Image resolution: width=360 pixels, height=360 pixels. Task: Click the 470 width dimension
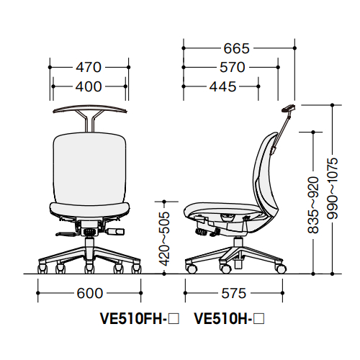coord(89,67)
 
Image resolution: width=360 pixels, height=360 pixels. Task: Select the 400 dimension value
coord(89,86)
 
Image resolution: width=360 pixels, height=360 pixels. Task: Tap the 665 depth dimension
coord(237,48)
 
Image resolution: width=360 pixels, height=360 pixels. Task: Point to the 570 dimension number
coord(233,67)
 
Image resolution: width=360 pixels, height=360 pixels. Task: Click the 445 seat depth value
coord(222,86)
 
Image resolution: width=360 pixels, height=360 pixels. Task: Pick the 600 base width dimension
coord(90,293)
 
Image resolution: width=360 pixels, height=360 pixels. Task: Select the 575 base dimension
coord(234,293)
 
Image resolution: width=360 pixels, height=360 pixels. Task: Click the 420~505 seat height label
coord(165,239)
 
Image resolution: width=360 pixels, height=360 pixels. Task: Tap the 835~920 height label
coord(313,205)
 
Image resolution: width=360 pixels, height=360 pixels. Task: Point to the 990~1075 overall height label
coord(333,189)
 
